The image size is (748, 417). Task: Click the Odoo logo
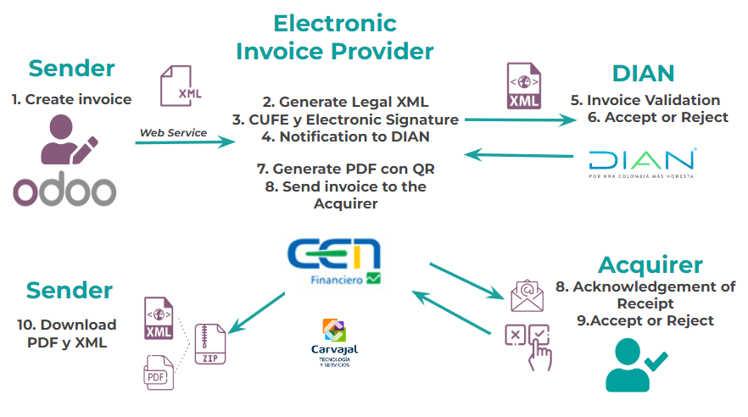point(64,189)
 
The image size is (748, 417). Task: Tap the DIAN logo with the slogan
point(642,164)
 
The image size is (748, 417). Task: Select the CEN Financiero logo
point(334,261)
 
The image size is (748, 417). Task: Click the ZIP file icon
point(210,344)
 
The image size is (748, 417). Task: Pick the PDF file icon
point(159,373)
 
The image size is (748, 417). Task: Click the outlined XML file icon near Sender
point(180,86)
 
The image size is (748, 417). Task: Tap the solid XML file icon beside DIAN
point(524,86)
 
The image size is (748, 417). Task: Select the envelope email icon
point(527,296)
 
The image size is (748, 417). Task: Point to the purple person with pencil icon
point(69,140)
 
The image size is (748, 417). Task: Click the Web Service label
point(173,133)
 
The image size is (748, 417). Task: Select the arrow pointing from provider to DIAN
point(521,120)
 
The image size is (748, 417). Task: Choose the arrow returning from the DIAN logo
point(518,155)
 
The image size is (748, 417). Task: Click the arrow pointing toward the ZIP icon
point(257,313)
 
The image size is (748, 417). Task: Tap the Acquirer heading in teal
point(650,265)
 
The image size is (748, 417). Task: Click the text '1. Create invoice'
point(71,99)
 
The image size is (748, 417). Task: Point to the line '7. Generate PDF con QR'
point(346,169)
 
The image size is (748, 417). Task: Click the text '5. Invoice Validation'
point(645,100)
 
